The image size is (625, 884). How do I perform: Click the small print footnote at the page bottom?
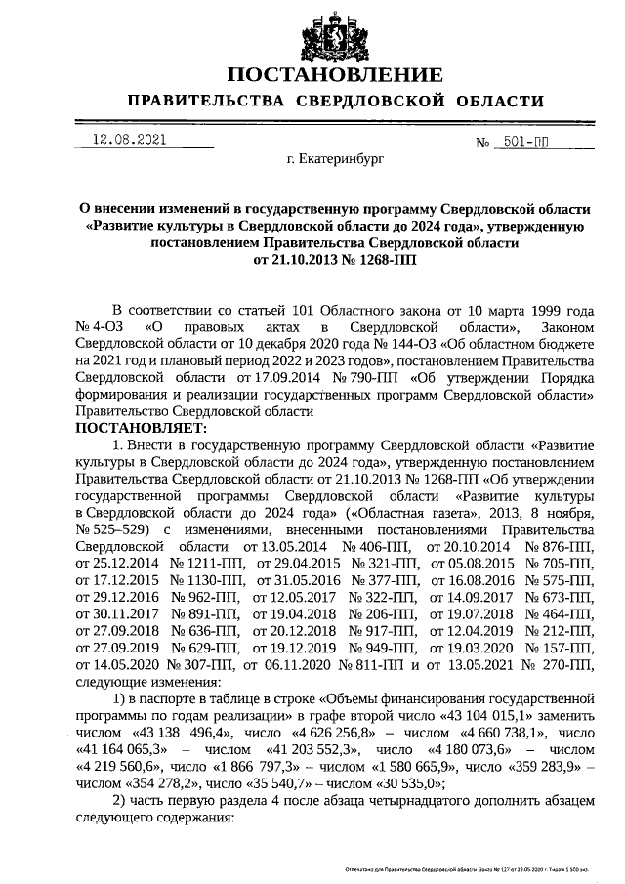coord(468,867)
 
